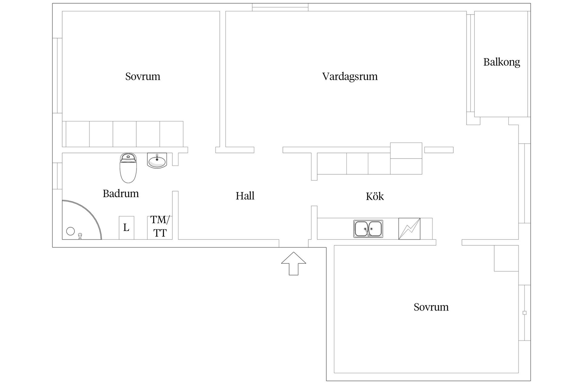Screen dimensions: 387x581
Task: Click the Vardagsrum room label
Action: click(x=350, y=76)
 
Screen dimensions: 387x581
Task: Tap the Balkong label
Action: click(x=501, y=62)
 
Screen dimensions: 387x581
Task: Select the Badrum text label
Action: click(x=121, y=193)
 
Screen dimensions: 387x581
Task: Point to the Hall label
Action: click(x=245, y=196)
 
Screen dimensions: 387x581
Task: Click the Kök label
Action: click(x=375, y=197)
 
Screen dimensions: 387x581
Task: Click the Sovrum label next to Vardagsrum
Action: click(x=143, y=76)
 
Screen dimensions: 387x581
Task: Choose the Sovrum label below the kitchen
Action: click(x=431, y=307)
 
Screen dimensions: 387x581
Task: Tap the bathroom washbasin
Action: click(x=157, y=160)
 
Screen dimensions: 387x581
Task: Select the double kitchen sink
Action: click(x=368, y=229)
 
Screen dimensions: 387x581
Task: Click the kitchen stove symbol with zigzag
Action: click(x=409, y=229)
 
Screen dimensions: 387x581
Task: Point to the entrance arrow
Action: click(x=293, y=263)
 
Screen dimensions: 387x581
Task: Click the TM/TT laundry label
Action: click(x=160, y=226)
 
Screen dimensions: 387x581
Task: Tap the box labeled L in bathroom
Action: click(x=126, y=228)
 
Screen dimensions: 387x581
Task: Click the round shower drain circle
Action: click(x=71, y=231)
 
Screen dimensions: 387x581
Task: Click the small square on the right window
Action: click(x=524, y=313)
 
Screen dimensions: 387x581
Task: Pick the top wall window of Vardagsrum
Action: click(x=280, y=7)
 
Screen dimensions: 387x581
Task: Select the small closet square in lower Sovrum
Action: click(x=506, y=258)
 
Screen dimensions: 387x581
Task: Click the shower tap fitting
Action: click(x=80, y=236)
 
